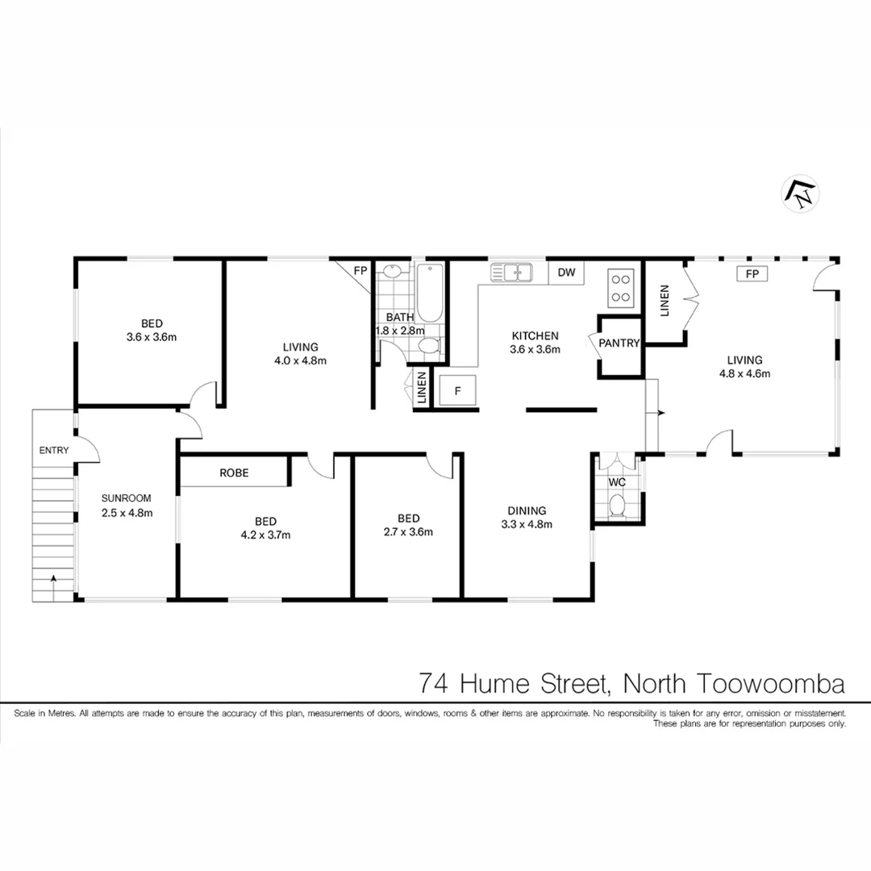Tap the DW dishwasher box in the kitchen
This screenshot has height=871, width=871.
click(x=567, y=273)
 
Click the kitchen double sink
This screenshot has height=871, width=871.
click(x=511, y=273)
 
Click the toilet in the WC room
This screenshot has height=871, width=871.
click(x=617, y=506)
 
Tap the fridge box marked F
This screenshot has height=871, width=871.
click(x=457, y=391)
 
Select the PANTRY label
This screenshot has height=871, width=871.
click(x=619, y=343)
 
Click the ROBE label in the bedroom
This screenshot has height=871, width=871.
click(x=234, y=473)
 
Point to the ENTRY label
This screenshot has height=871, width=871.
click(x=53, y=451)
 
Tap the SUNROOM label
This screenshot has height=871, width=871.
click(x=126, y=498)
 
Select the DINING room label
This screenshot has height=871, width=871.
click(x=527, y=511)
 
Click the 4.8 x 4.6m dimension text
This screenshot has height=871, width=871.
click(x=744, y=373)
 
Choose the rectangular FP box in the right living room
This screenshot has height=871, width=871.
click(x=752, y=274)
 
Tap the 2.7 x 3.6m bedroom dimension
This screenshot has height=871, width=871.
click(x=408, y=531)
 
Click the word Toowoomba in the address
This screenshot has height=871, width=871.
click(x=767, y=684)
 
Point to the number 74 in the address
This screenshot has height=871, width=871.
click(x=435, y=684)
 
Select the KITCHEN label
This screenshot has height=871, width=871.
click(x=535, y=335)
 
